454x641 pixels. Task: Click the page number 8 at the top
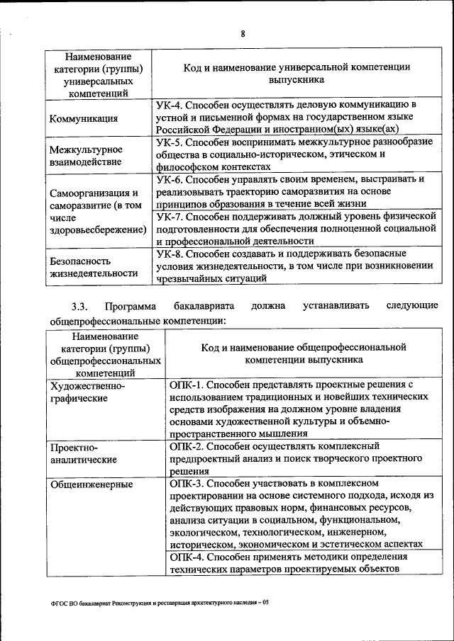point(242,34)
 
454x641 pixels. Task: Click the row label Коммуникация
point(84,118)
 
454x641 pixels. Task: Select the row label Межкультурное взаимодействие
point(86,155)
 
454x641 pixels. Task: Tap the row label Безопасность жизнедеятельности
point(83,266)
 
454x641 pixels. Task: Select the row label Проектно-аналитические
point(83,453)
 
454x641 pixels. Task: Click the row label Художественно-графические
point(87,392)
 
